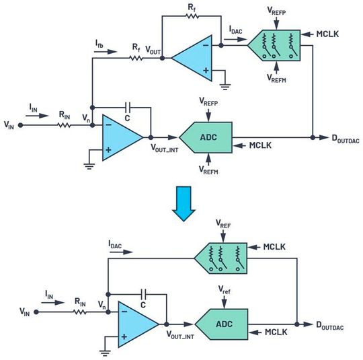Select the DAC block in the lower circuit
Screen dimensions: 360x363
[x=219, y=259]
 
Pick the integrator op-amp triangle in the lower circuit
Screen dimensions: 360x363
[x=133, y=323]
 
